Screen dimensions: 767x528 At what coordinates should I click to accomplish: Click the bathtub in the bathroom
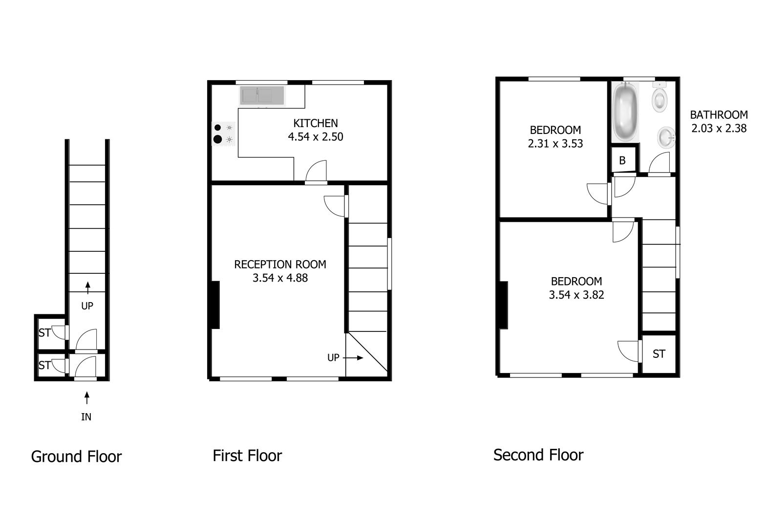[x=625, y=111]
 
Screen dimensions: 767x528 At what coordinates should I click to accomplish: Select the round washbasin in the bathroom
[x=666, y=137]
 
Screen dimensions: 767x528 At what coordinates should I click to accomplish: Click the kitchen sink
[x=262, y=95]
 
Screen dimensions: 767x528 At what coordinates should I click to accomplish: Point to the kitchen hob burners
[x=223, y=133]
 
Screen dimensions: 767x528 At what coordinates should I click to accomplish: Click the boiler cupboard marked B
[x=623, y=160]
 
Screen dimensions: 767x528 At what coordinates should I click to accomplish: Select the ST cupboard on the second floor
[x=659, y=354]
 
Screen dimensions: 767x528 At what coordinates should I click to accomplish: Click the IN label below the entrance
[x=86, y=417]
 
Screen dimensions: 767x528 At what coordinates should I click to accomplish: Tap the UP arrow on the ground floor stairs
[x=87, y=288]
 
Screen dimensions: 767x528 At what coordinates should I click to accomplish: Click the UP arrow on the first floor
[x=353, y=358]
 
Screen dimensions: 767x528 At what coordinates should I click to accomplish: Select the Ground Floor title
[x=76, y=457]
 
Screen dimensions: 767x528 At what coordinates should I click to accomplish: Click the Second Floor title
[x=538, y=455]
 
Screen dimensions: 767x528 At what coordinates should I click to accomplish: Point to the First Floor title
[x=247, y=456]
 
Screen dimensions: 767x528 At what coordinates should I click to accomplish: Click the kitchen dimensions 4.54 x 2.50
[x=316, y=137]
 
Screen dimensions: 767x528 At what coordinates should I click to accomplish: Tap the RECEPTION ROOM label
[x=280, y=264]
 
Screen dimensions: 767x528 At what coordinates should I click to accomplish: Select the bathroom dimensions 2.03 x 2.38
[x=719, y=128]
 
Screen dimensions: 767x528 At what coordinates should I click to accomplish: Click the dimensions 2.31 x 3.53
[x=555, y=143]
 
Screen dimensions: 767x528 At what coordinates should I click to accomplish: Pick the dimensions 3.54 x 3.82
[x=576, y=295]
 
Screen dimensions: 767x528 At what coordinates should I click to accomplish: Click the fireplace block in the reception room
[x=216, y=305]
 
